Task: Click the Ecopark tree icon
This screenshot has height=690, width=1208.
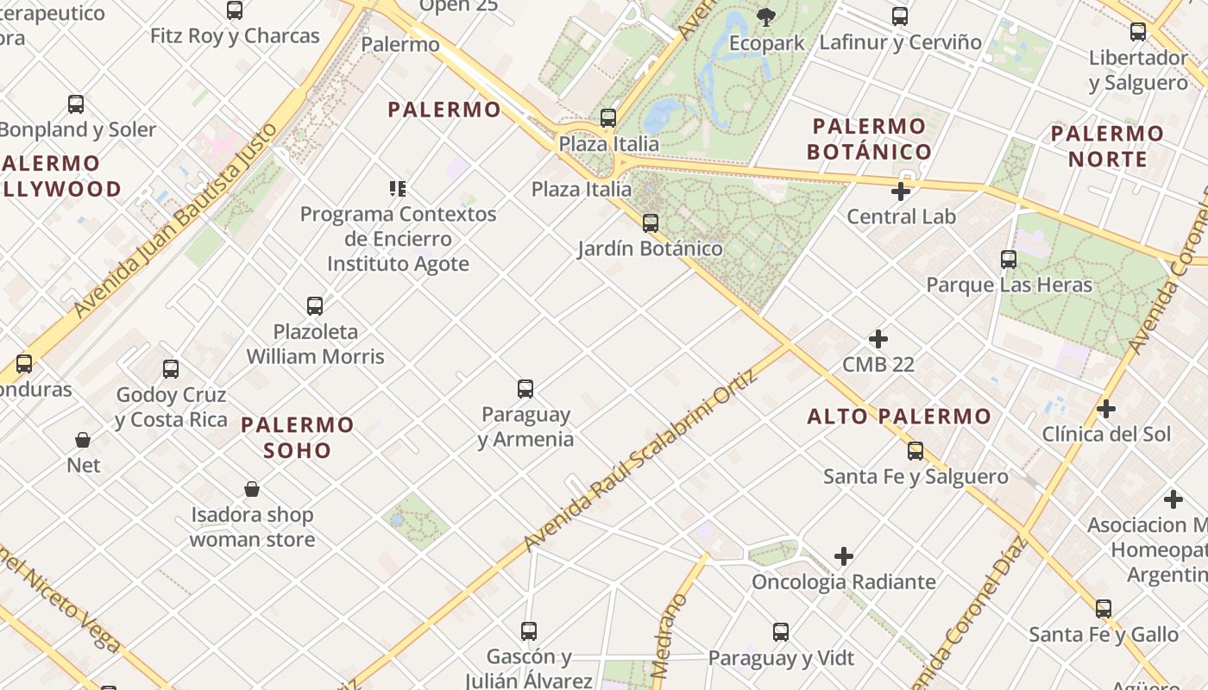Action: (x=765, y=16)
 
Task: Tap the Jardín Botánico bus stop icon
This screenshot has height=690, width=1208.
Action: (x=651, y=223)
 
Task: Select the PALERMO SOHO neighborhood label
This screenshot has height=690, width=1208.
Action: (x=298, y=437)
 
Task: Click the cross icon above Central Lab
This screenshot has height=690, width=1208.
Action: (x=901, y=191)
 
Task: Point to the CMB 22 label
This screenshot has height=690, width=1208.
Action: (x=878, y=364)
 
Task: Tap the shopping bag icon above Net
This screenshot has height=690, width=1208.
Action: (x=83, y=440)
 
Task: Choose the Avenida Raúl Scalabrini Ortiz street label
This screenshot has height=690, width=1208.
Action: (x=640, y=461)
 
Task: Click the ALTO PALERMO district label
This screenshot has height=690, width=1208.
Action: (x=899, y=417)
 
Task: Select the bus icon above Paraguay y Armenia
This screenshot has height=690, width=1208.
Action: (x=525, y=389)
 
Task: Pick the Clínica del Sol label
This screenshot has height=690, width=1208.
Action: (x=1106, y=434)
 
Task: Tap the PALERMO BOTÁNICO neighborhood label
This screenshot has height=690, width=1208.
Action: (x=869, y=139)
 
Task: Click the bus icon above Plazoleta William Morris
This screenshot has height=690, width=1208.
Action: (x=315, y=305)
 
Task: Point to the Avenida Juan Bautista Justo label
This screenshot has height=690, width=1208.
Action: (x=176, y=220)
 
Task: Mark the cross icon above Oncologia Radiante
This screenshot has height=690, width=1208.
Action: (x=844, y=556)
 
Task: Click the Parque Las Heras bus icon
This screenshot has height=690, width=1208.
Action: (x=1009, y=259)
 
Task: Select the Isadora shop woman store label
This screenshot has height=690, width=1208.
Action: (x=252, y=527)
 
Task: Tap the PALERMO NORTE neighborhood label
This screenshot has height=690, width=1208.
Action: (x=1108, y=146)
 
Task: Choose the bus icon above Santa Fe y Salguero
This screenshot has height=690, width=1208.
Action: (x=915, y=450)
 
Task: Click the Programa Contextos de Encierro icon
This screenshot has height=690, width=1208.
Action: (x=398, y=188)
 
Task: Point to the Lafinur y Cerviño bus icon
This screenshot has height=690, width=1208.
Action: (x=900, y=16)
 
